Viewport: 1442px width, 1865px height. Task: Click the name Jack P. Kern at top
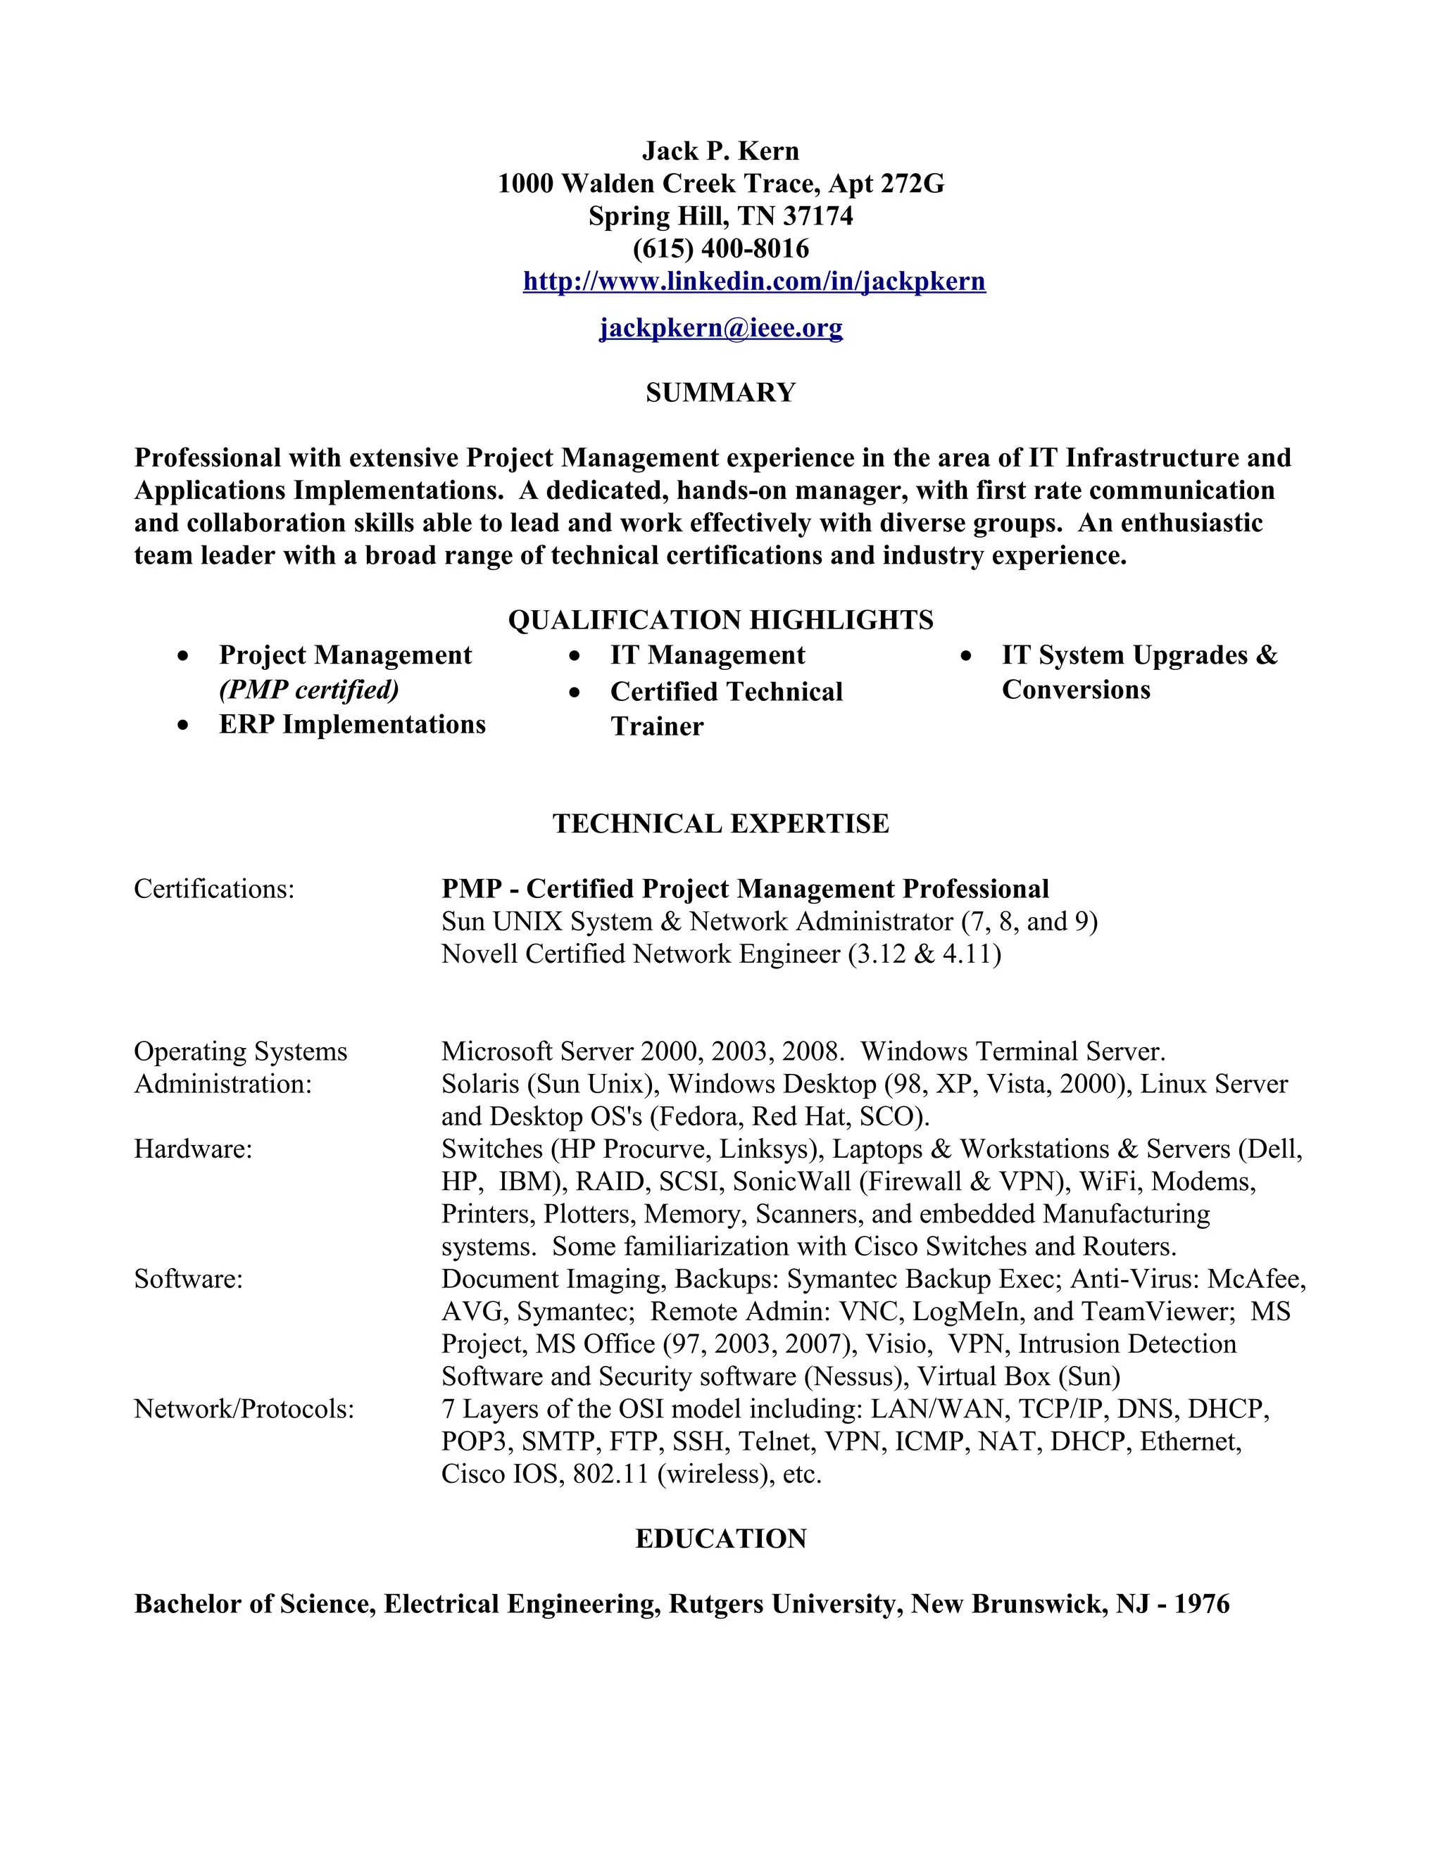click(720, 151)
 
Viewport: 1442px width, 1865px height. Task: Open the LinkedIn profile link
click(753, 281)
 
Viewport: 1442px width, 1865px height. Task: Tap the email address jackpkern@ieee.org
click(720, 327)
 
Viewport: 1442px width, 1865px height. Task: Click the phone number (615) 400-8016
click(720, 248)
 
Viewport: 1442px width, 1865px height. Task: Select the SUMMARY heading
click(720, 393)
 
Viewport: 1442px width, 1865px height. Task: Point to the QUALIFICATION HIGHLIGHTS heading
click(720, 620)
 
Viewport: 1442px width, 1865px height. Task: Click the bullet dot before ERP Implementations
click(183, 726)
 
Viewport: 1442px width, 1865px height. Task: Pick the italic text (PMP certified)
click(308, 689)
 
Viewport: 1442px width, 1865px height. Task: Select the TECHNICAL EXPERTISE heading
click(720, 823)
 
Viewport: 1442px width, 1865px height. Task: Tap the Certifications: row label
click(213, 889)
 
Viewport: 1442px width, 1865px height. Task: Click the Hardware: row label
click(193, 1149)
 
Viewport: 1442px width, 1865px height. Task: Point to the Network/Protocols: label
click(244, 1409)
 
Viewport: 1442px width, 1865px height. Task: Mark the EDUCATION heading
click(720, 1538)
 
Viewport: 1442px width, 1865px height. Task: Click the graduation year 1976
click(1201, 1604)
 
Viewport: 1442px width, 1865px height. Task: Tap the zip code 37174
click(817, 216)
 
